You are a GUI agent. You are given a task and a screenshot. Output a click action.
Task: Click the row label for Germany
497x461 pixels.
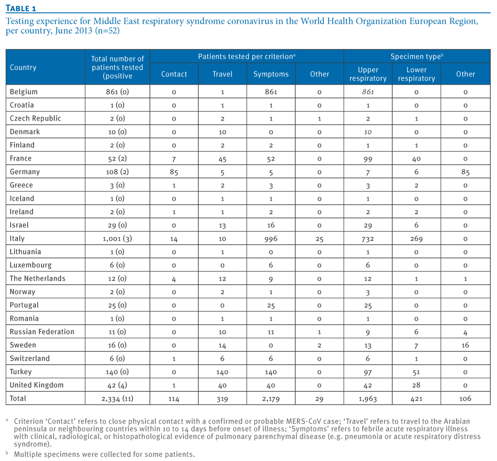(x=25, y=172)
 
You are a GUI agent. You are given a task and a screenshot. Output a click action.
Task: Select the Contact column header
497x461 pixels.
(x=174, y=74)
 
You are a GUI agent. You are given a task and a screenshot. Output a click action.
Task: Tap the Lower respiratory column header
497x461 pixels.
(x=416, y=74)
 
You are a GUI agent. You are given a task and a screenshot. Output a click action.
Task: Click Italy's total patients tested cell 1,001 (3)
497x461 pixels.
(x=117, y=238)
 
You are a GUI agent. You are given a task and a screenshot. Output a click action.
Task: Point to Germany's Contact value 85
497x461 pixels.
(x=174, y=172)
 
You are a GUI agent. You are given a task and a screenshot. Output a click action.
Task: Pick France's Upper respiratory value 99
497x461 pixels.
(x=367, y=159)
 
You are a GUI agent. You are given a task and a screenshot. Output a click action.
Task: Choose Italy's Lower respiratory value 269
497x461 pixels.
(x=416, y=238)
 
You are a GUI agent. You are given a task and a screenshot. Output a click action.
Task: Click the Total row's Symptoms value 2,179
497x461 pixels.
(x=271, y=399)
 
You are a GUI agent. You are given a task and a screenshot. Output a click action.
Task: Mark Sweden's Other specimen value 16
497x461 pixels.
(x=465, y=345)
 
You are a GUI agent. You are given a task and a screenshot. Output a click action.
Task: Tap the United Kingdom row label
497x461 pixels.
(x=36, y=385)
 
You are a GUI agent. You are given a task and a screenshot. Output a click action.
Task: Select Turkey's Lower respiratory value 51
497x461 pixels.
(x=416, y=372)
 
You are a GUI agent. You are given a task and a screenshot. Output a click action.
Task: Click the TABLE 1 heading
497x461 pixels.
(x=21, y=8)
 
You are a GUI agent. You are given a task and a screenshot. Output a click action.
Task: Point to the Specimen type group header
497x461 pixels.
(x=417, y=56)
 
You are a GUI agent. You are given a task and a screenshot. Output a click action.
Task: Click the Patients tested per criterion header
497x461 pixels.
(x=246, y=56)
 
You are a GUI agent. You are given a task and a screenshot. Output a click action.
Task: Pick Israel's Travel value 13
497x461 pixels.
(x=222, y=225)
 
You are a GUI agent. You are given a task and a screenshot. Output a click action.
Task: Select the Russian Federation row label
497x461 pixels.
(x=42, y=332)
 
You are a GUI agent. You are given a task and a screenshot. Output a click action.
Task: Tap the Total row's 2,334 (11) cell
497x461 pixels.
(x=117, y=398)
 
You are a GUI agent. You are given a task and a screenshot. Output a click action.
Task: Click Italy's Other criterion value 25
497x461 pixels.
(x=319, y=239)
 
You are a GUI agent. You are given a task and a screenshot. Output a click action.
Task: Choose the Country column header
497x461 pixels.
(x=23, y=67)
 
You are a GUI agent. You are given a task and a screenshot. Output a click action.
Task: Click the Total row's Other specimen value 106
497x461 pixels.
(x=465, y=398)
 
